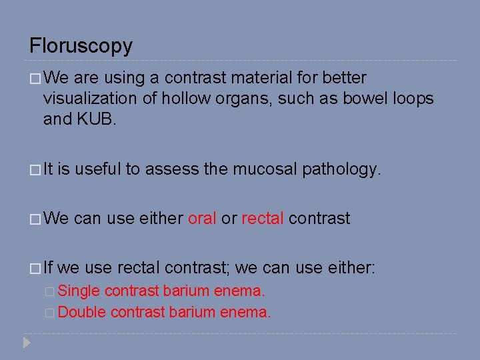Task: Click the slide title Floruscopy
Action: click(x=81, y=46)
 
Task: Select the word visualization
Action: click(x=91, y=99)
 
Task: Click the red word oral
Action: click(x=202, y=219)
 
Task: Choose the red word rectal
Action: click(x=262, y=219)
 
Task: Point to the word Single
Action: click(x=79, y=291)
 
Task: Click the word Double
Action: click(x=82, y=312)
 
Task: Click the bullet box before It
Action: click(x=35, y=170)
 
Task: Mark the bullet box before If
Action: click(x=35, y=269)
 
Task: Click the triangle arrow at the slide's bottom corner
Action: click(x=27, y=343)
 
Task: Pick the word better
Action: click(x=344, y=78)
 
